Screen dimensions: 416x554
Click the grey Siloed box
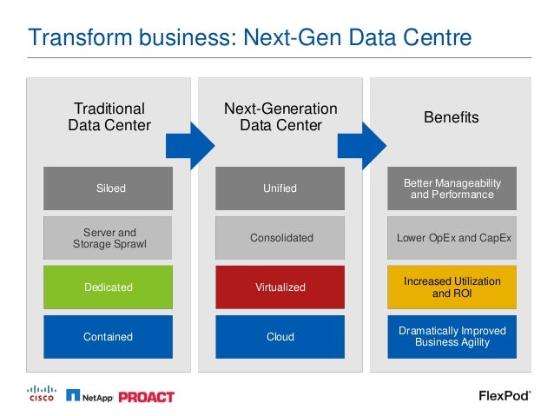pyautogui.click(x=109, y=188)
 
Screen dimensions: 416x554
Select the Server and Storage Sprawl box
pyautogui.click(x=109, y=238)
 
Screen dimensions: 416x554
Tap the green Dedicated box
pyautogui.click(x=109, y=287)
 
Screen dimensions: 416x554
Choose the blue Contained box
pyautogui.click(x=109, y=336)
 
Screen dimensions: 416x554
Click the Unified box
pyautogui.click(x=280, y=188)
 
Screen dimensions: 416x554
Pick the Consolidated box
pyautogui.click(x=280, y=238)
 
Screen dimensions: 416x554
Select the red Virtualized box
pyautogui.click(x=280, y=287)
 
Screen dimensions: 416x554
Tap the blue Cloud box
pyautogui.click(x=280, y=336)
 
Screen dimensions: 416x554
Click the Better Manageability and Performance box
pyautogui.click(x=452, y=188)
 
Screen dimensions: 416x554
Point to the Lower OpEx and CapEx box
pyautogui.click(x=452, y=238)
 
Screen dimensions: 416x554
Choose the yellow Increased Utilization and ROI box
pyautogui.click(x=452, y=287)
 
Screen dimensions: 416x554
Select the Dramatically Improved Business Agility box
pyautogui.click(x=452, y=336)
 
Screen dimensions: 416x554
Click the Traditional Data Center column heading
pyautogui.click(x=109, y=117)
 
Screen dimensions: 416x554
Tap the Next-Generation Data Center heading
pyautogui.click(x=280, y=117)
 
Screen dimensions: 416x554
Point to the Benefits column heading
pyautogui.click(x=452, y=117)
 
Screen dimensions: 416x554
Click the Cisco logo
pyautogui.click(x=40, y=394)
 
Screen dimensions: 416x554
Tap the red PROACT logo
pyautogui.click(x=146, y=397)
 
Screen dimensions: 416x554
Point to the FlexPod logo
pyautogui.click(x=505, y=396)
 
